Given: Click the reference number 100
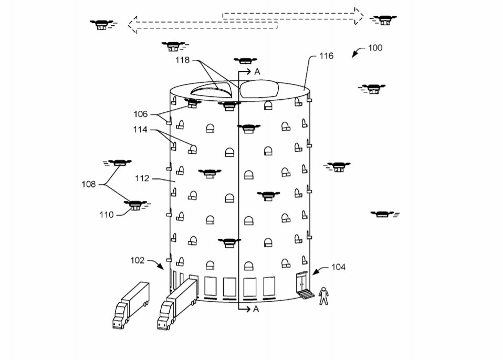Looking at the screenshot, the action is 375,48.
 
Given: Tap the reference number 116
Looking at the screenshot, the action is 326,56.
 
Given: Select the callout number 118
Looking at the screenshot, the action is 182,60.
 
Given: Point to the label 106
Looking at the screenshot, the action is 141,114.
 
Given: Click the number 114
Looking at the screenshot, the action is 140,130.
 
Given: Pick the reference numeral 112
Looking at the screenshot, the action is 142,178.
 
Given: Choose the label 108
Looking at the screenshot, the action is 89,184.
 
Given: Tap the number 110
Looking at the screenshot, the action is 107,215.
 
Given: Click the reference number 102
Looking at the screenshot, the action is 137,260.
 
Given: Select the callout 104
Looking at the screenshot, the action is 339,267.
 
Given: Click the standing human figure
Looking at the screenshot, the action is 323,296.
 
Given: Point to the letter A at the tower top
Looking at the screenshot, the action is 257,72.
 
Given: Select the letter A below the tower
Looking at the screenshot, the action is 256,309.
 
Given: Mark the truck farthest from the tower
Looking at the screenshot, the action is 131,305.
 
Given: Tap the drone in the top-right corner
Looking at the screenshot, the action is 383,20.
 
